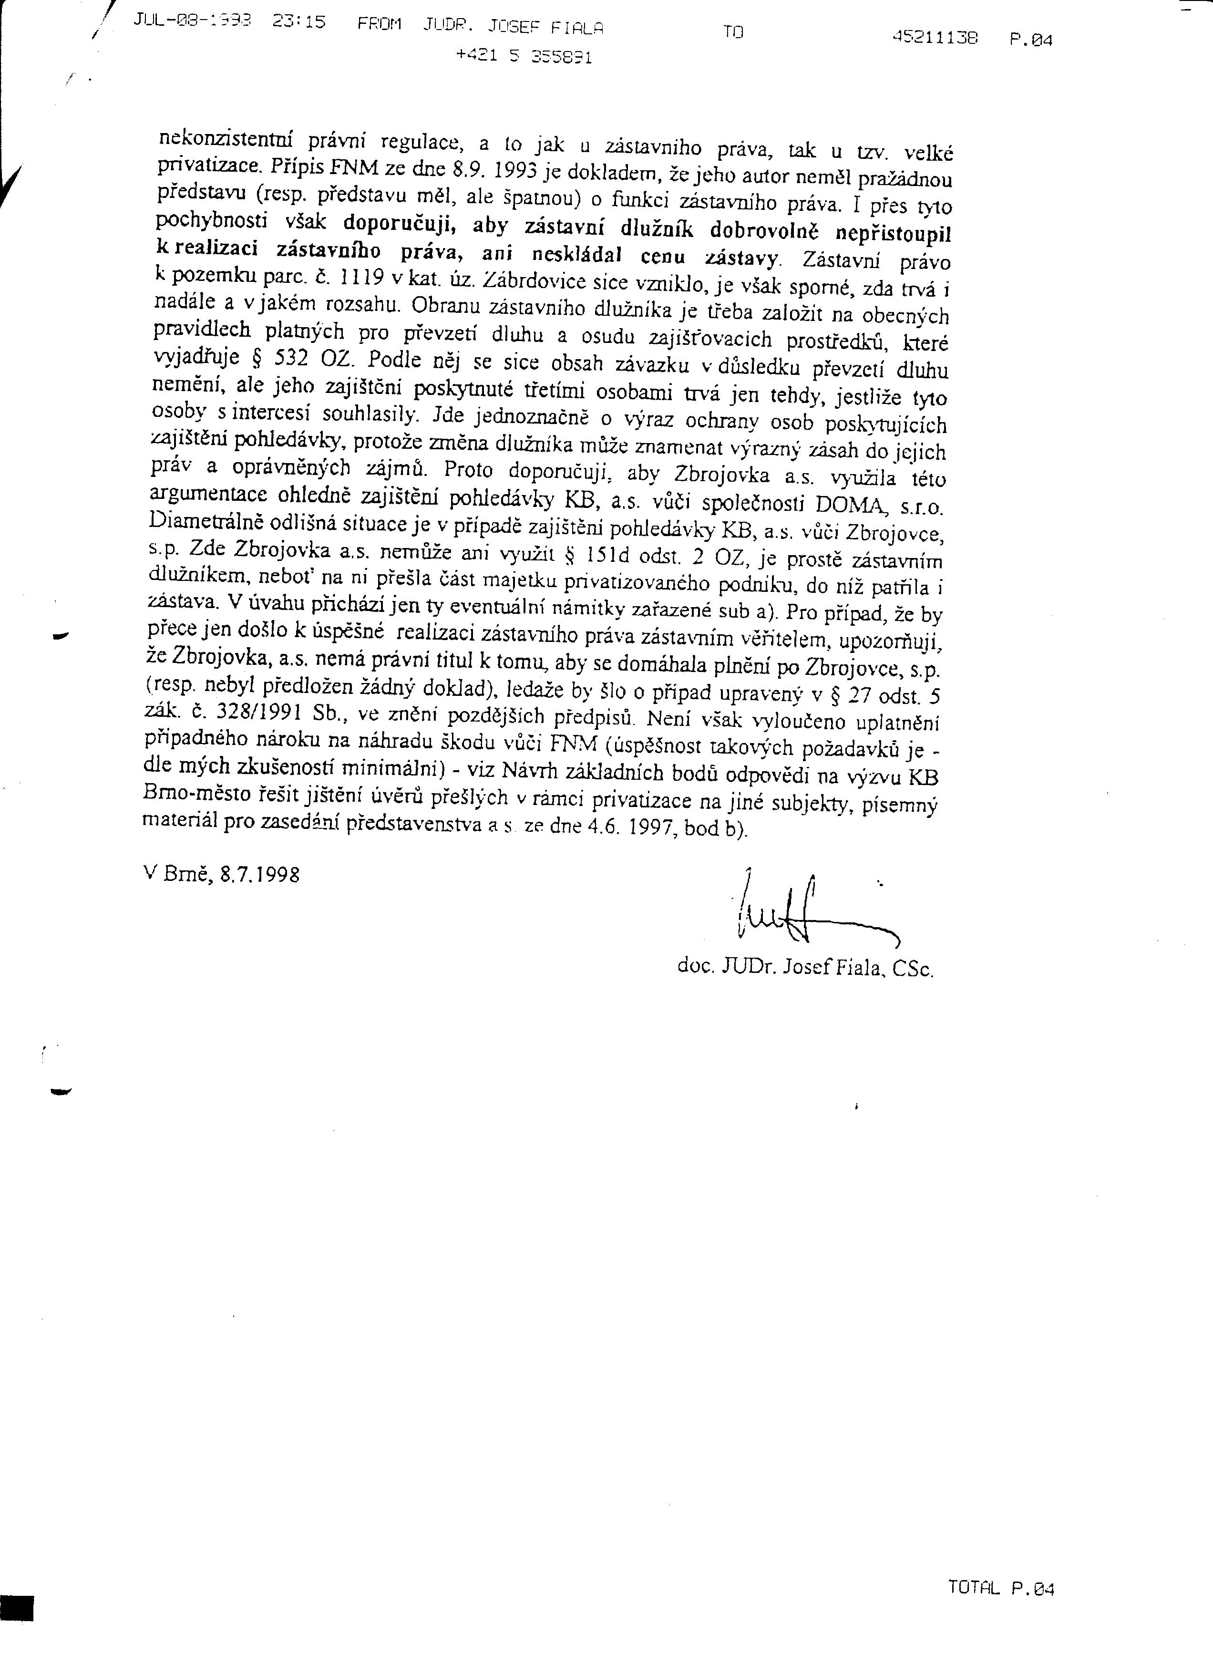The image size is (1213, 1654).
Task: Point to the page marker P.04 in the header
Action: pyautogui.click(x=1031, y=41)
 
